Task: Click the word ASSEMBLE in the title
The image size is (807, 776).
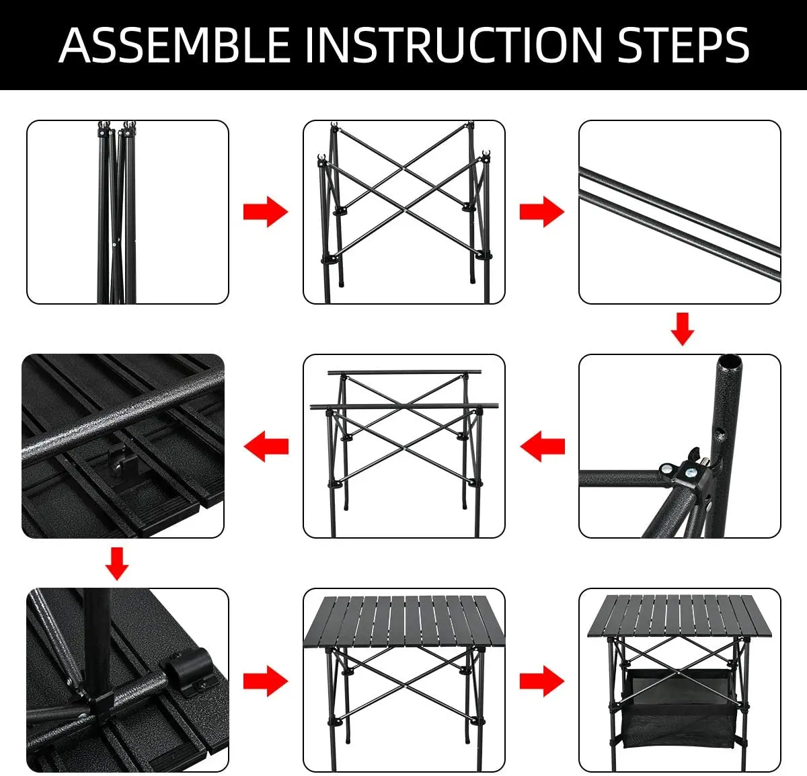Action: [x=174, y=45]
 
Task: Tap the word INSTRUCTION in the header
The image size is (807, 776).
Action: [x=454, y=45]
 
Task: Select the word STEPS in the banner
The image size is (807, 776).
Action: [x=683, y=45]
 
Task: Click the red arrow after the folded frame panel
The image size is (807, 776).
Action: [x=266, y=212]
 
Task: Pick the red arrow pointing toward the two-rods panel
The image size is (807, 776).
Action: [x=541, y=212]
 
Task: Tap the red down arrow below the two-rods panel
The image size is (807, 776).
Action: [x=682, y=329]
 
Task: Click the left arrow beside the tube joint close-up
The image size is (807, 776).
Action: [x=543, y=447]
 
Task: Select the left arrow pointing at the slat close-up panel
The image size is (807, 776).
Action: [x=266, y=447]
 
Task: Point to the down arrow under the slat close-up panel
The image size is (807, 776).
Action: [x=116, y=564]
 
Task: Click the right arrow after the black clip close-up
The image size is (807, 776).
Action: [x=266, y=681]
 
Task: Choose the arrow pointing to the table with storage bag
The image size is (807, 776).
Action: [x=541, y=681]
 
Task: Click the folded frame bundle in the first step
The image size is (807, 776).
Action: [x=116, y=212]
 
